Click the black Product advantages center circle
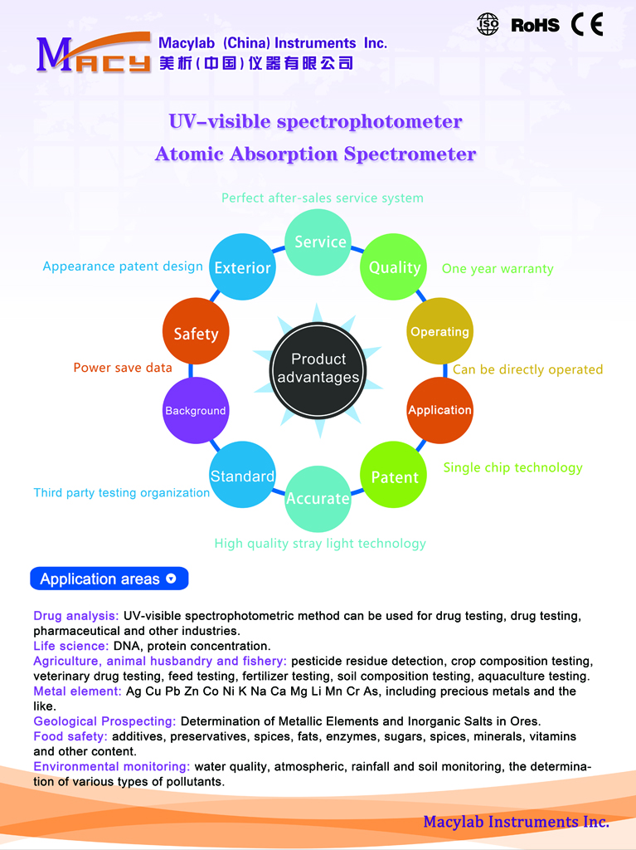318,371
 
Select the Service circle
318,242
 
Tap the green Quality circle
393,266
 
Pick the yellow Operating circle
439,331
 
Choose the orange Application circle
439,410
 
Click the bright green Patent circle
393,475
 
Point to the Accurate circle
318,499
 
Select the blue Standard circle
243,475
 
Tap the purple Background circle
196,410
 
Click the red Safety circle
196,331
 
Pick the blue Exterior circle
243,266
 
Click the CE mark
587,24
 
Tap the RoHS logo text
535,25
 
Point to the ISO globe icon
488,24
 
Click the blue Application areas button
109,579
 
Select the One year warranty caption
498,269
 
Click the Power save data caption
123,368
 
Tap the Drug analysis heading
75,616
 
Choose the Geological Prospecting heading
104,721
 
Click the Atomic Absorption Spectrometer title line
315,154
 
